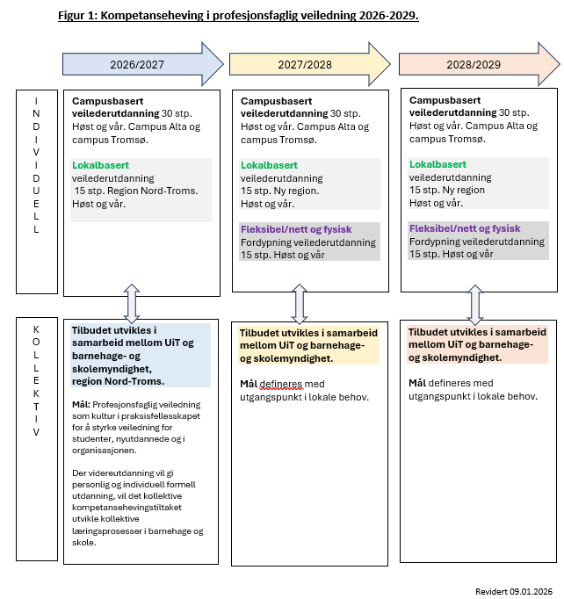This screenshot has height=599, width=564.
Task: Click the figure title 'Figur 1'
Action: (x=237, y=16)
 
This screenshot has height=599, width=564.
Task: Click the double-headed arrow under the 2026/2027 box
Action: (x=132, y=303)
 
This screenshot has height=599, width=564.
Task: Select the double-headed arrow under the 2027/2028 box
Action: (x=300, y=303)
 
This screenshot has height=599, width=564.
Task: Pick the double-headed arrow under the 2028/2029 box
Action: (x=475, y=303)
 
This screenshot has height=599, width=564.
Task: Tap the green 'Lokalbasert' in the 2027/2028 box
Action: (x=269, y=165)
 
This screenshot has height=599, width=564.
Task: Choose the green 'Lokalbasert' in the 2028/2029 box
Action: (x=437, y=164)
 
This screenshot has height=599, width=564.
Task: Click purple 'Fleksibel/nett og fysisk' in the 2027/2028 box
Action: (x=296, y=229)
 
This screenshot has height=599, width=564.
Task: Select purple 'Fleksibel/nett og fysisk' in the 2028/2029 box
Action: (x=466, y=228)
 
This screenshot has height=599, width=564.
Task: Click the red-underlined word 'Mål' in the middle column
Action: (x=249, y=384)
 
